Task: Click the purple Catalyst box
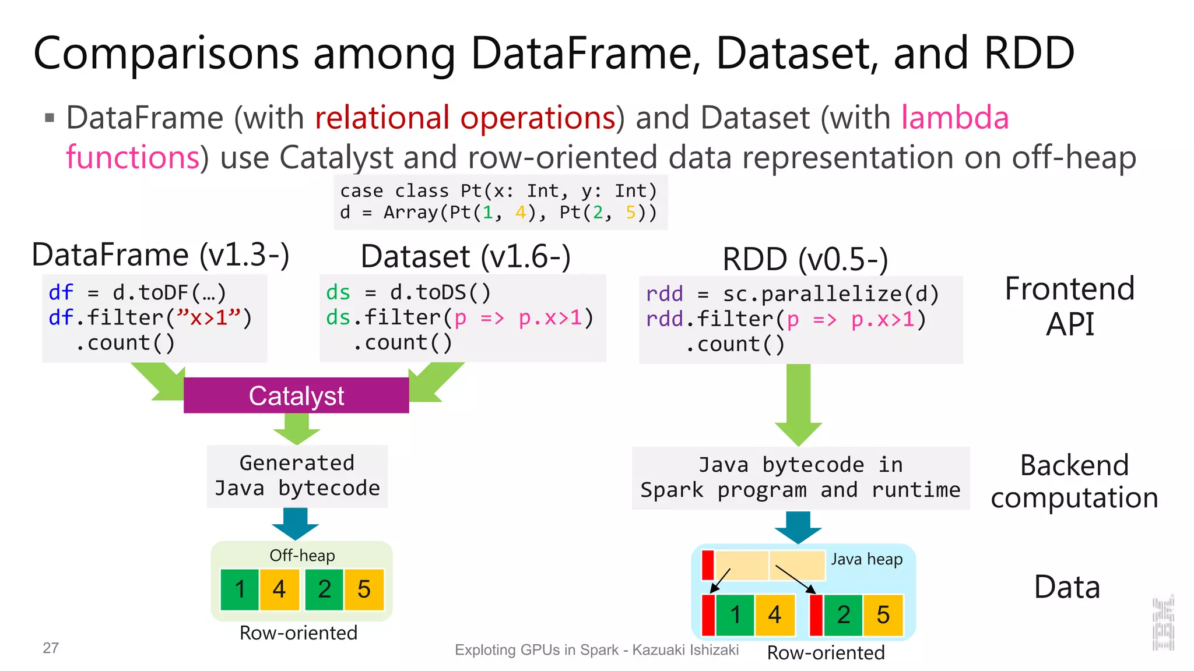(296, 395)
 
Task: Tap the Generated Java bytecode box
(297, 476)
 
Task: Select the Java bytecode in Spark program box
(800, 478)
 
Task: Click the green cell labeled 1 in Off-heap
(240, 589)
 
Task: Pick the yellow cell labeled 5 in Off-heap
(364, 589)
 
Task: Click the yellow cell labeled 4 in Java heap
(774, 615)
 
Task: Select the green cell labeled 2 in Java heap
(843, 615)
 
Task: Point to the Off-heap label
(302, 555)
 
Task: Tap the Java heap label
(866, 559)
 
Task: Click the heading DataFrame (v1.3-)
(160, 255)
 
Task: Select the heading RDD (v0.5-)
(805, 259)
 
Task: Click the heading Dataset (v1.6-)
(465, 256)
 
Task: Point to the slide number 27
(51, 648)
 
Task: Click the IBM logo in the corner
(1163, 623)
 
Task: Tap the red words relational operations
(465, 118)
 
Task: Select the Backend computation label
(1074, 481)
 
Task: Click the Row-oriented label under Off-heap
(298, 633)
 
